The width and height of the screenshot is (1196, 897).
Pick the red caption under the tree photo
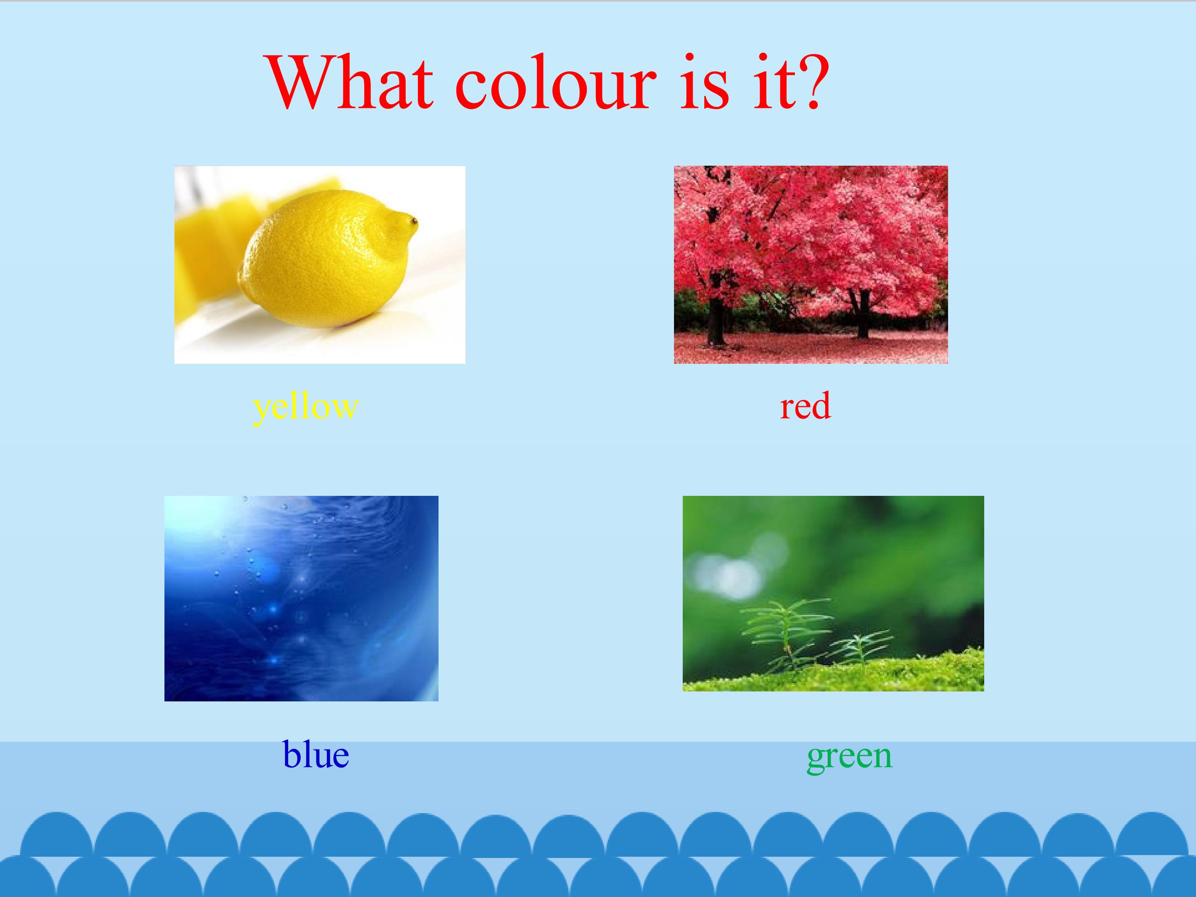(805, 407)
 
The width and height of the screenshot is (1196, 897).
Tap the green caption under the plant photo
(849, 756)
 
